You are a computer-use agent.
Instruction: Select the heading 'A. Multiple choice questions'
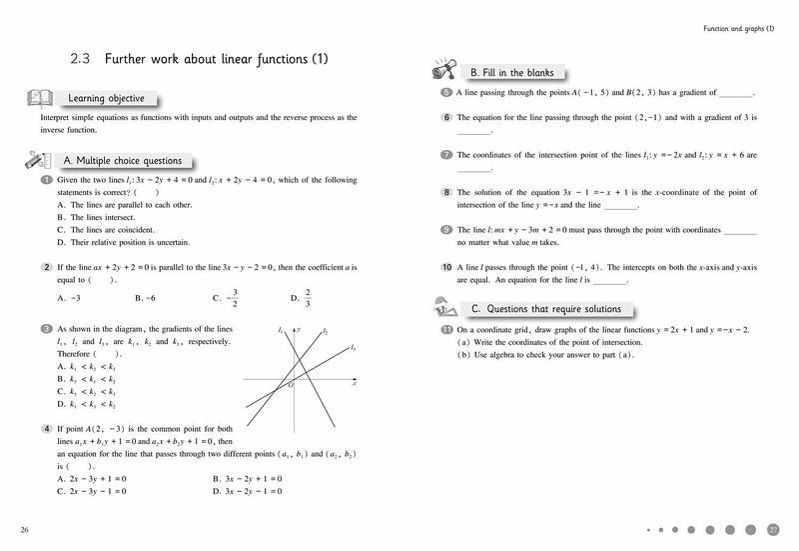(x=122, y=160)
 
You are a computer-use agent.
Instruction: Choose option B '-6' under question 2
(x=145, y=298)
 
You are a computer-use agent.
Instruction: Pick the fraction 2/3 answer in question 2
(x=308, y=297)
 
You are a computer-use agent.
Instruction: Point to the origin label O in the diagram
(x=291, y=384)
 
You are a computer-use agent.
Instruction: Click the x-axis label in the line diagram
(x=355, y=385)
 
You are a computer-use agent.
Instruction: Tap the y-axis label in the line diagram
(x=300, y=328)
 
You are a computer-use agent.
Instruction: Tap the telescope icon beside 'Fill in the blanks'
(x=444, y=71)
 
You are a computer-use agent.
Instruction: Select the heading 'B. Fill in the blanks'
(x=510, y=73)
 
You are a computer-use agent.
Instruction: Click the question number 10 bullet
(x=446, y=268)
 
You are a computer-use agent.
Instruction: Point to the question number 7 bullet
(x=446, y=155)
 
